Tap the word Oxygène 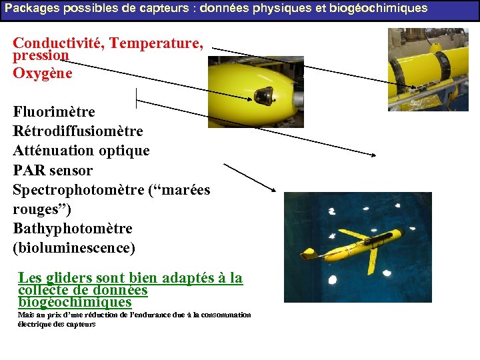pos(43,73)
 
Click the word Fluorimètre pos(54,112)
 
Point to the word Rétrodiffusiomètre pos(77,131)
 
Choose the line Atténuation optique pos(81,151)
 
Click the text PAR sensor pos(53,171)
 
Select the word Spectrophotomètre pos(77,190)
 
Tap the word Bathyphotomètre pos(72,229)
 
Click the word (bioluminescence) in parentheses pos(73,248)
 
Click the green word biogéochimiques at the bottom pos(75,302)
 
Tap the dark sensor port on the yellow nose pos(265,97)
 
